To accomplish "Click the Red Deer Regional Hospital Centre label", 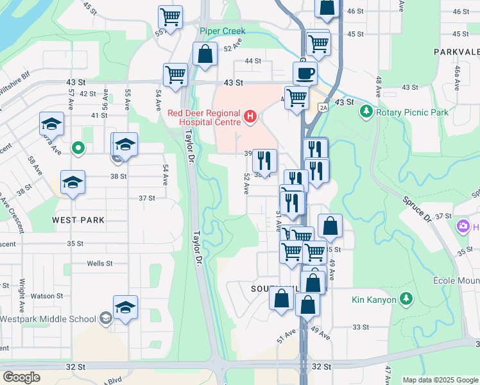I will [x=203, y=117].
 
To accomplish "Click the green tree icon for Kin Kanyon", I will [x=406, y=298].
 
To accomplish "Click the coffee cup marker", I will [x=305, y=73].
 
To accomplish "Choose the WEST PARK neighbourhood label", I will [x=78, y=220].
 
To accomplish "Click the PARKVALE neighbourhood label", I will [x=456, y=51].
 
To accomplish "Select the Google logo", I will [x=22, y=377].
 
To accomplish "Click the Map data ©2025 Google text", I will [x=440, y=380].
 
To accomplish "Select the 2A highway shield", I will [x=323, y=108].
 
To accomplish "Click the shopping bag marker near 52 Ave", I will [x=205, y=55].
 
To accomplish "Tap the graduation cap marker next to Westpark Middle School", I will [x=126, y=307].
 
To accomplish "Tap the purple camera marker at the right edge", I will [x=462, y=227].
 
